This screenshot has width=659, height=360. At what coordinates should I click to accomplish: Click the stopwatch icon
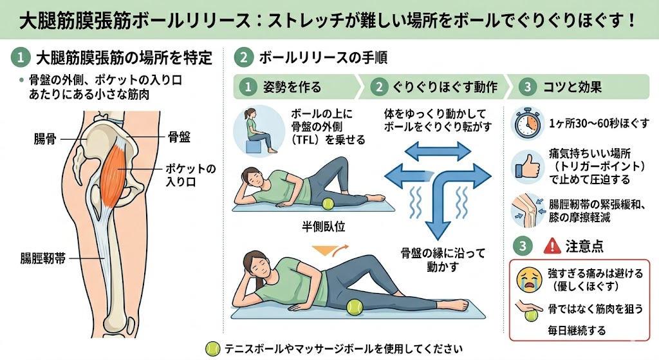point(528,124)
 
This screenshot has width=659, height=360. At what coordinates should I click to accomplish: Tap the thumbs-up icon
point(528,167)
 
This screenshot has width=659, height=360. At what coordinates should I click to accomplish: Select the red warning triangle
point(552,246)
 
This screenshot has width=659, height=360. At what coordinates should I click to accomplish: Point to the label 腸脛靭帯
point(43,258)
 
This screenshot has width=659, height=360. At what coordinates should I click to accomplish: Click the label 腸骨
point(46,139)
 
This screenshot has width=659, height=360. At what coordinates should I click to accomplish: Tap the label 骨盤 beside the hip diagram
point(179,137)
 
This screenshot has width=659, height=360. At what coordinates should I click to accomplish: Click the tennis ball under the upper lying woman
point(328,204)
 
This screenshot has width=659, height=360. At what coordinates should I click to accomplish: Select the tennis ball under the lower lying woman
point(355,307)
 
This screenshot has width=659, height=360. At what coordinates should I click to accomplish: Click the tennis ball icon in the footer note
point(212,348)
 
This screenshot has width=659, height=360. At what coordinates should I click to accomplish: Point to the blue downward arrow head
point(438,230)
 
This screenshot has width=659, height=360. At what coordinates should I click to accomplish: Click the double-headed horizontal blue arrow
point(438,151)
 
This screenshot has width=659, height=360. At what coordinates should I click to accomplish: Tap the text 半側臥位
point(323,227)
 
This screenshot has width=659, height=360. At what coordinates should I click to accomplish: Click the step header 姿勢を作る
point(292,87)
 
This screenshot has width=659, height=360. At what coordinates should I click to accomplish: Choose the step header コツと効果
point(572,87)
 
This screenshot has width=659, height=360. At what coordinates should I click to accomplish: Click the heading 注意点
point(584,246)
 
